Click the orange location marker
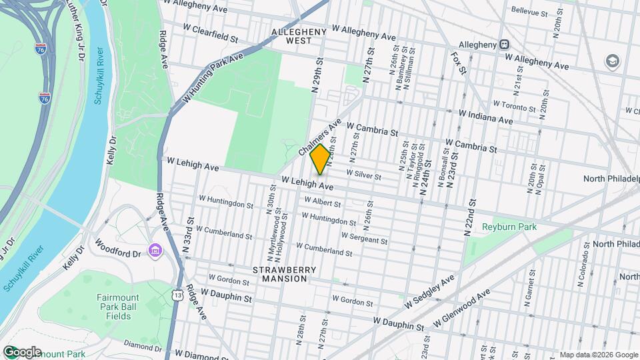(x=320, y=159)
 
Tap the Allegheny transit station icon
(x=505, y=45)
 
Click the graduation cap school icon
(x=611, y=61)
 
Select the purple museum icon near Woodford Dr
(x=155, y=251)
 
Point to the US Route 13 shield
(x=176, y=294)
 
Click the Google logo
(x=21, y=352)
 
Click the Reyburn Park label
(x=509, y=227)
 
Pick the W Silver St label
(x=363, y=175)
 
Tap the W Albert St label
(x=323, y=201)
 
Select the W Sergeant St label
(x=364, y=237)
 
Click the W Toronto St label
(x=514, y=105)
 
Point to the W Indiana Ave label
(x=487, y=117)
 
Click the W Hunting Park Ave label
(x=213, y=77)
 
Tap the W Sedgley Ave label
(x=430, y=291)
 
